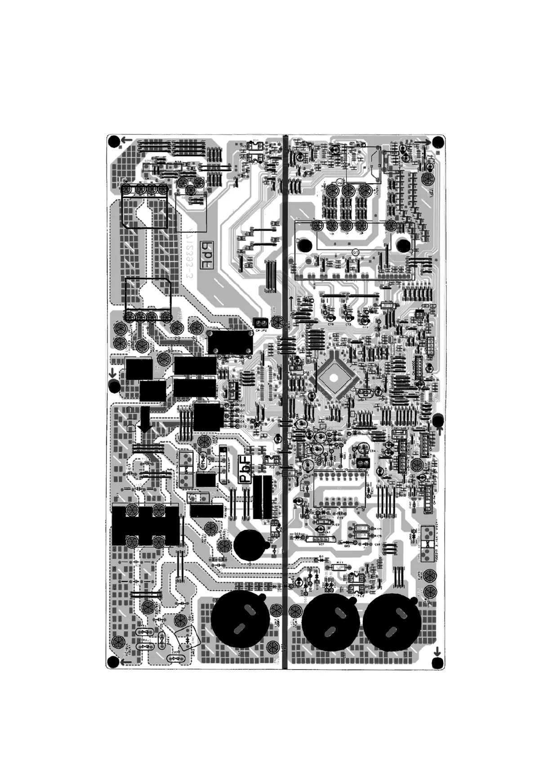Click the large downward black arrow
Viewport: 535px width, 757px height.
point(145,420)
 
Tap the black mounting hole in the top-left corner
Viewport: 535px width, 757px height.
point(114,142)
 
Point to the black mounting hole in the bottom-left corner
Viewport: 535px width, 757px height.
point(112,662)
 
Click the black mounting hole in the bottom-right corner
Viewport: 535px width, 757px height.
point(437,663)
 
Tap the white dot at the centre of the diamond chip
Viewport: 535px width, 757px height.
point(333,378)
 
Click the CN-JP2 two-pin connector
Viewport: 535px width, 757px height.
point(260,322)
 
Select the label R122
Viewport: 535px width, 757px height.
point(335,524)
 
